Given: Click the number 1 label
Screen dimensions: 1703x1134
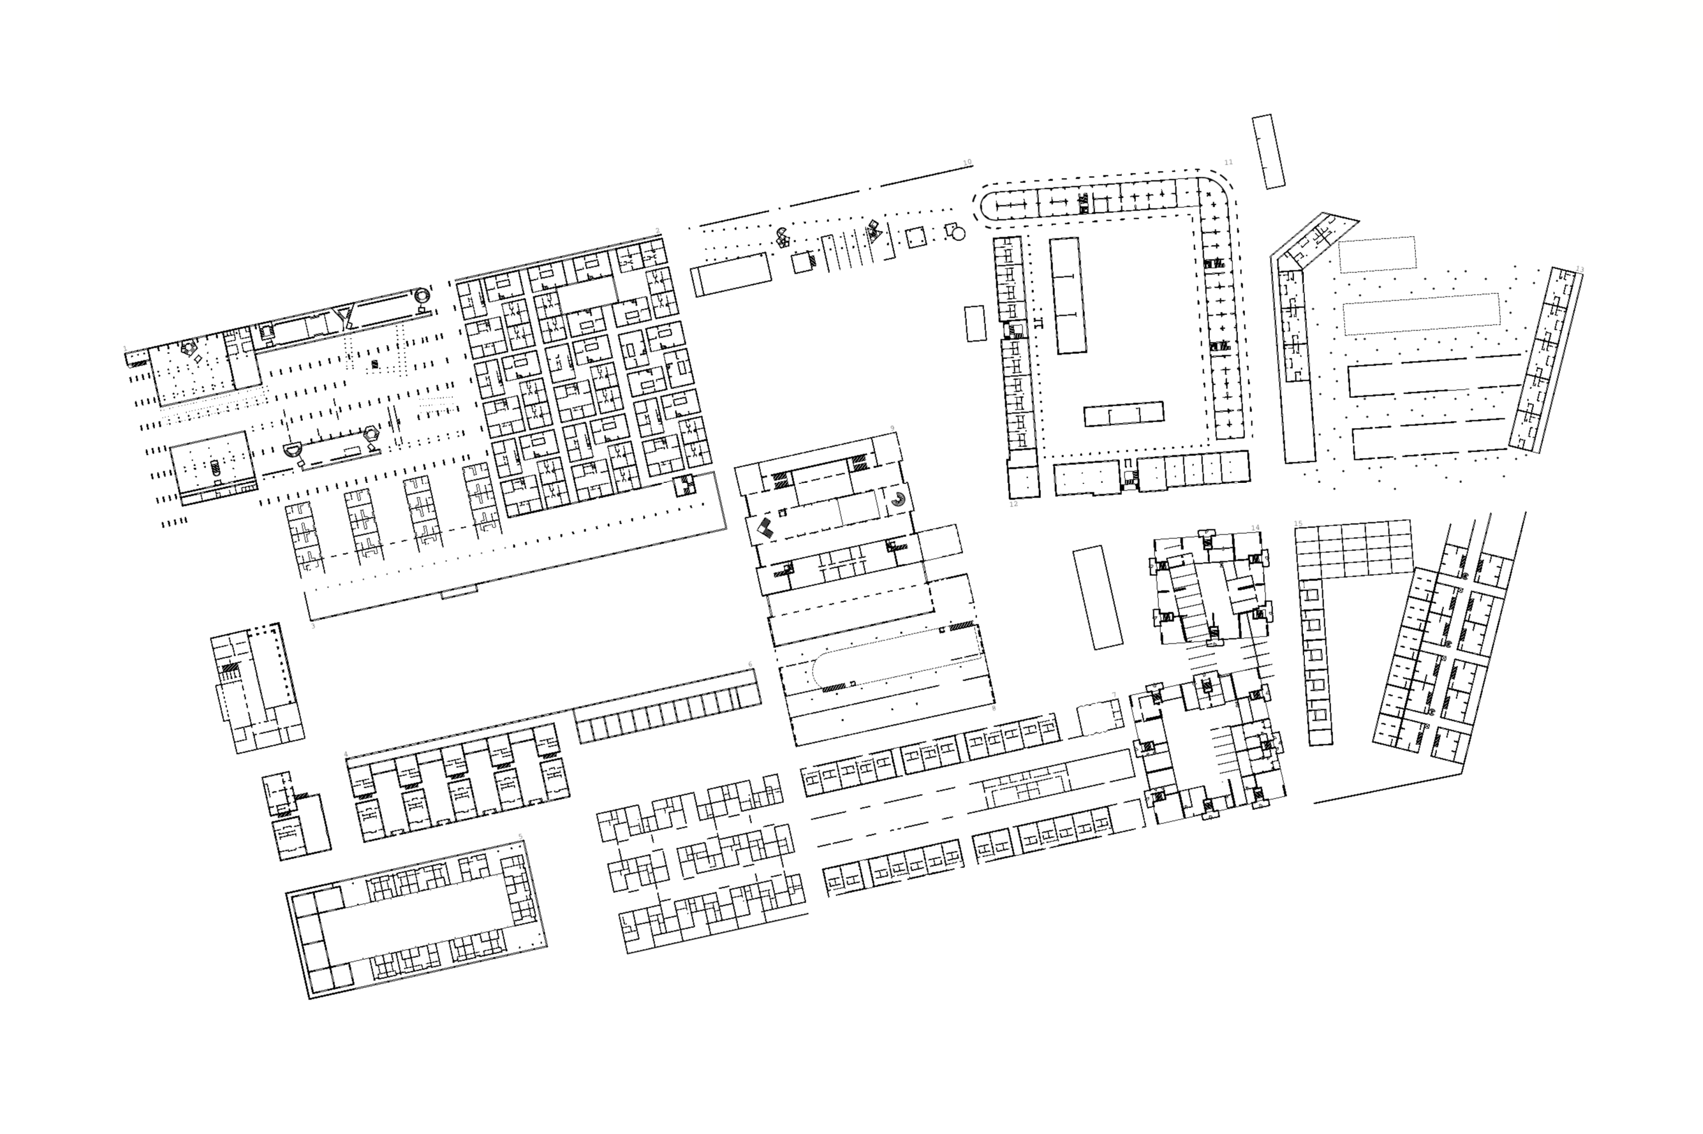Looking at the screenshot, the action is tap(125, 349).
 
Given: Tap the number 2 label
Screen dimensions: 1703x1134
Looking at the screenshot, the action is tap(658, 232).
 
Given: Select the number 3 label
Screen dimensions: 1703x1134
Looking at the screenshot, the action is tap(313, 626).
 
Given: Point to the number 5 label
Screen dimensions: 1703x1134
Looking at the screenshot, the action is tap(520, 837).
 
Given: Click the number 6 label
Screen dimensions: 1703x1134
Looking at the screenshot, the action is tap(750, 664).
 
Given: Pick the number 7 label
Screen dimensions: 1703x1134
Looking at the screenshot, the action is tap(1114, 695).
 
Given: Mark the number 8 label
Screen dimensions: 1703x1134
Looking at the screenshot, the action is tap(994, 708).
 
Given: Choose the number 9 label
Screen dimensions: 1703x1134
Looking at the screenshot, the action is tap(892, 428).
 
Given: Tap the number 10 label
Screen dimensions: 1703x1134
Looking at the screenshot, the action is tap(968, 162).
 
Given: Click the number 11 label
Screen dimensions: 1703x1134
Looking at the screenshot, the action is tap(1228, 162).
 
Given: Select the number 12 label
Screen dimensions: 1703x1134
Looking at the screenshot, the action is tap(1013, 504).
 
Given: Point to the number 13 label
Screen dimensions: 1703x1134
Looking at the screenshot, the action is tap(1579, 270).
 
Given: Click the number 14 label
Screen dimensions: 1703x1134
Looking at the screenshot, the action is tap(1255, 527).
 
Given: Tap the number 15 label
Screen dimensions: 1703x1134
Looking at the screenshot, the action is tap(1298, 524).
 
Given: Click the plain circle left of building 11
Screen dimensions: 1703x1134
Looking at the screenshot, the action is tap(958, 233).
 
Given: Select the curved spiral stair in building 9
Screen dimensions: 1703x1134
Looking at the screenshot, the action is tap(897, 499).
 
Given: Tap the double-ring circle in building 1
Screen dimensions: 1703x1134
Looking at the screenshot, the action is tap(421, 296).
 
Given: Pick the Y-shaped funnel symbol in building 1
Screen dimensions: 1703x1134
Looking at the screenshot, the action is tap(344, 316).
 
